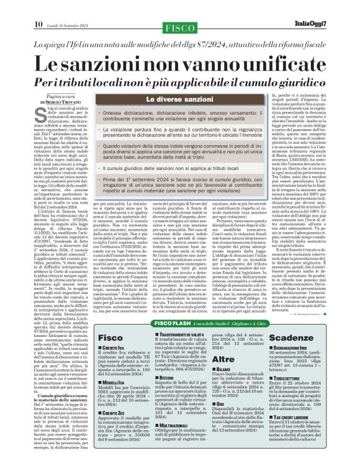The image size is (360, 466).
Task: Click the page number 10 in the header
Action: pyautogui.click(x=38, y=7)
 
